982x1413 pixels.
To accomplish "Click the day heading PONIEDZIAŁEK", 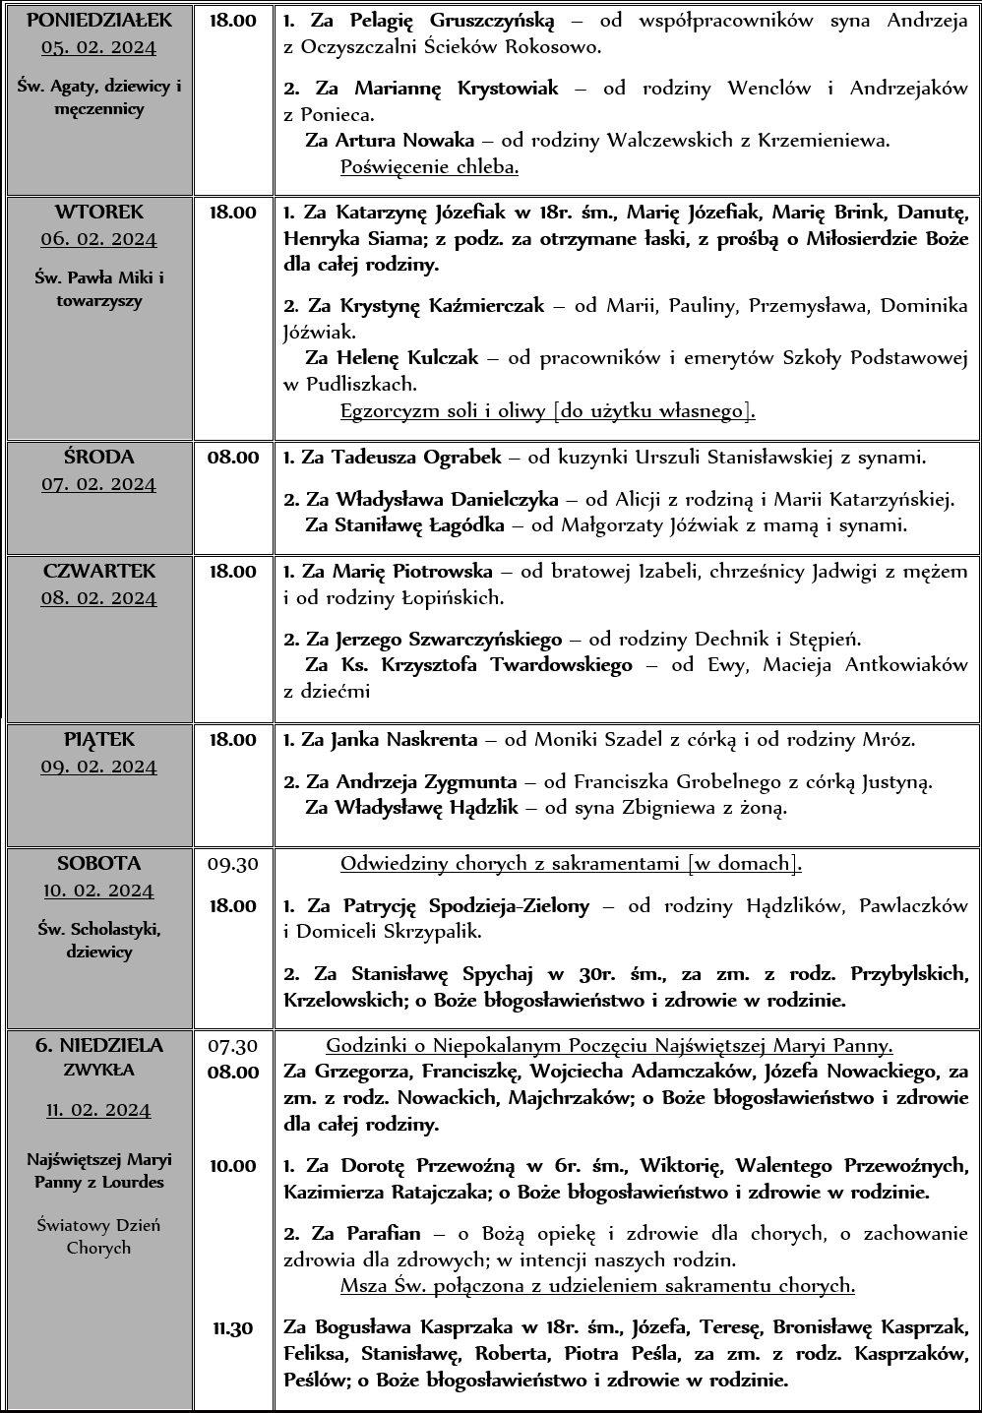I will pyautogui.click(x=98, y=21).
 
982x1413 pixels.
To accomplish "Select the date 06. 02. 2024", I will pyautogui.click(x=98, y=239).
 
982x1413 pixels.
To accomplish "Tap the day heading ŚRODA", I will pyautogui.click(x=98, y=458).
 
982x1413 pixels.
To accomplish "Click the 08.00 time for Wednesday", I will pyautogui.click(x=233, y=458).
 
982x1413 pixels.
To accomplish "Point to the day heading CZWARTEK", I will pyautogui.click(x=98, y=572).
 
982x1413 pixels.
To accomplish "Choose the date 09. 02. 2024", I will pyautogui.click(x=98, y=767).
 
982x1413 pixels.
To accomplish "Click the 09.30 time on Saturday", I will pyautogui.click(x=233, y=864).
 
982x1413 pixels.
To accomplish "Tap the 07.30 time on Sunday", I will pyautogui.click(x=233, y=1046).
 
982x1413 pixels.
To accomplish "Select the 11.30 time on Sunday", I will pyautogui.click(x=233, y=1328).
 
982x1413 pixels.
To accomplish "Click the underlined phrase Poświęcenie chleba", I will pyautogui.click(x=429, y=166).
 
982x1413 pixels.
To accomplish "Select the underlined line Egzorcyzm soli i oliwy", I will pyautogui.click(x=547, y=410).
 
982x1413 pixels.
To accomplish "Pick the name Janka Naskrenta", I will pyautogui.click(x=404, y=740).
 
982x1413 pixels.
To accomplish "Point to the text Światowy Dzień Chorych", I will pyautogui.click(x=98, y=1237).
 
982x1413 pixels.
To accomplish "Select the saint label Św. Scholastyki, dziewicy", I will pyautogui.click(x=98, y=940).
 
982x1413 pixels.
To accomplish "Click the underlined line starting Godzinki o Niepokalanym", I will pyautogui.click(x=609, y=1046).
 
